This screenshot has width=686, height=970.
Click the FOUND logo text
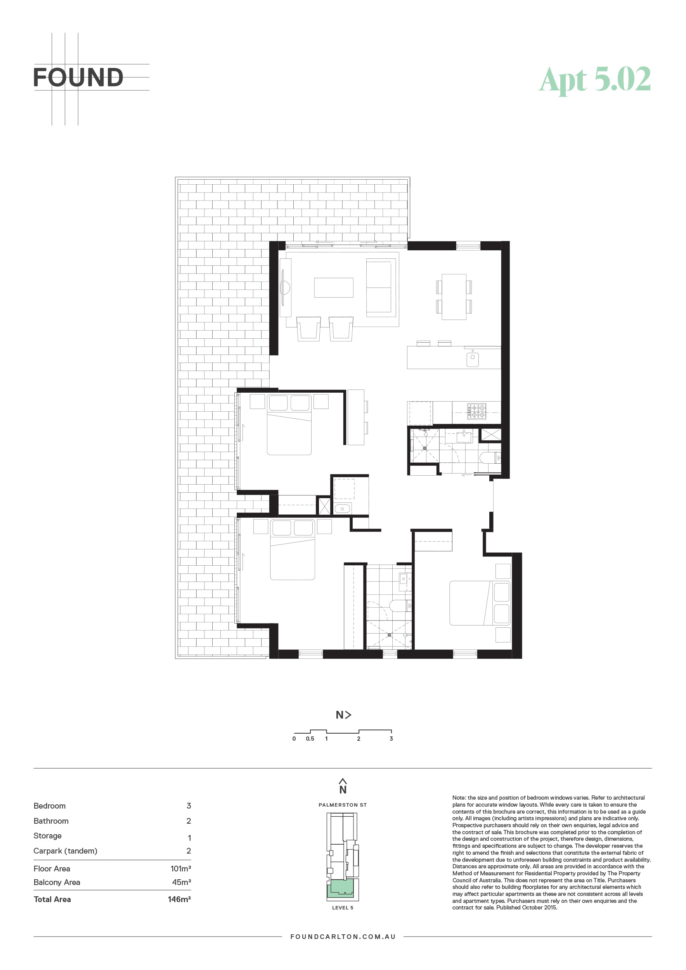(x=78, y=77)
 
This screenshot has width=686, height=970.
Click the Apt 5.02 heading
(x=595, y=80)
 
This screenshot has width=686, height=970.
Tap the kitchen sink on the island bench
(x=472, y=359)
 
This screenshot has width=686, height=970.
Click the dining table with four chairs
(x=454, y=297)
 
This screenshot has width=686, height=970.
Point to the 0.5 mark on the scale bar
(x=310, y=739)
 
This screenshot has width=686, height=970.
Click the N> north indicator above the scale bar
(x=343, y=715)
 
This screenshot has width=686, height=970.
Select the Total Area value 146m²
(x=179, y=899)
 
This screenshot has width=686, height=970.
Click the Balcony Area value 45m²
(x=181, y=883)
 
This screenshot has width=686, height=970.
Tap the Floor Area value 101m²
(x=180, y=869)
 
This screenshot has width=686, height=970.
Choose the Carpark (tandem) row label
(x=66, y=851)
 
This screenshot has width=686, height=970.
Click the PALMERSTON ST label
(x=343, y=805)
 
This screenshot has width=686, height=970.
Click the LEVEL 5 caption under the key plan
(x=343, y=908)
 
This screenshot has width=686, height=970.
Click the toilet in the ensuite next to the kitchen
(x=490, y=457)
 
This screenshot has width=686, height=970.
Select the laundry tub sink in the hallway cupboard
(x=343, y=509)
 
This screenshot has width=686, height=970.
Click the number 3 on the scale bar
(x=391, y=739)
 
